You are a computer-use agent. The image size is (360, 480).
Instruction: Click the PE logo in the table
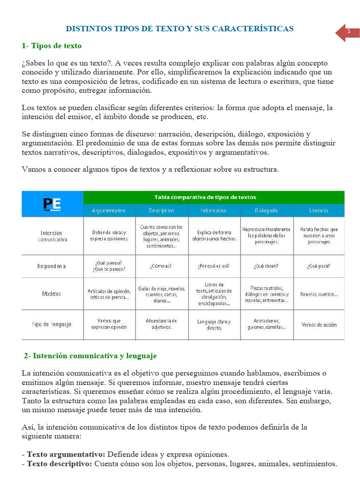pyautogui.click(x=52, y=204)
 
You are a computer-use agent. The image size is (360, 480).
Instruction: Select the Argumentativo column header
pyautogui.click(x=109, y=211)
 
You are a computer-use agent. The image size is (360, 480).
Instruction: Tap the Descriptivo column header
pyautogui.click(x=162, y=211)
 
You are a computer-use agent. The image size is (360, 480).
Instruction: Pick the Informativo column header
pyautogui.click(x=214, y=211)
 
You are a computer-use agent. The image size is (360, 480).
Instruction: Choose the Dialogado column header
pyautogui.click(x=267, y=211)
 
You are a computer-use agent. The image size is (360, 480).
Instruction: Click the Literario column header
pyautogui.click(x=319, y=211)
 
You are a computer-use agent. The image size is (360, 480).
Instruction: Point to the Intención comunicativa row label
pyautogui.click(x=52, y=236)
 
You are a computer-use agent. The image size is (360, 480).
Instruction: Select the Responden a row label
pyautogui.click(x=52, y=266)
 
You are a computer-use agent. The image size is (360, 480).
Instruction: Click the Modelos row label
pyautogui.click(x=52, y=294)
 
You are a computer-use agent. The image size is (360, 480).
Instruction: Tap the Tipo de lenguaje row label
pyautogui.click(x=52, y=324)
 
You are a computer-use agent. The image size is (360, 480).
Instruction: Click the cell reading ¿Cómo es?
pyautogui.click(x=161, y=266)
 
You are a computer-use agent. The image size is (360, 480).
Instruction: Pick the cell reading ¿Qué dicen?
pyautogui.click(x=266, y=266)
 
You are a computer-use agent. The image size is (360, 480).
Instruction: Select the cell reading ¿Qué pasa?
pyautogui.click(x=319, y=266)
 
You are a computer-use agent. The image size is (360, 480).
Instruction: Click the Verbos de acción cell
pyautogui.click(x=319, y=324)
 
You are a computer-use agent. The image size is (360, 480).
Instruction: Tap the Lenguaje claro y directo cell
pyautogui.click(x=214, y=325)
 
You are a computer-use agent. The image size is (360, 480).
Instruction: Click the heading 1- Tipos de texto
pyautogui.click(x=52, y=46)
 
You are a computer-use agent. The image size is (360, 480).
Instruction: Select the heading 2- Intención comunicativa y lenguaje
pyautogui.click(x=90, y=356)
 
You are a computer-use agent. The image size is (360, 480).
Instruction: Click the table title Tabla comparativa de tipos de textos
pyautogui.click(x=213, y=197)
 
